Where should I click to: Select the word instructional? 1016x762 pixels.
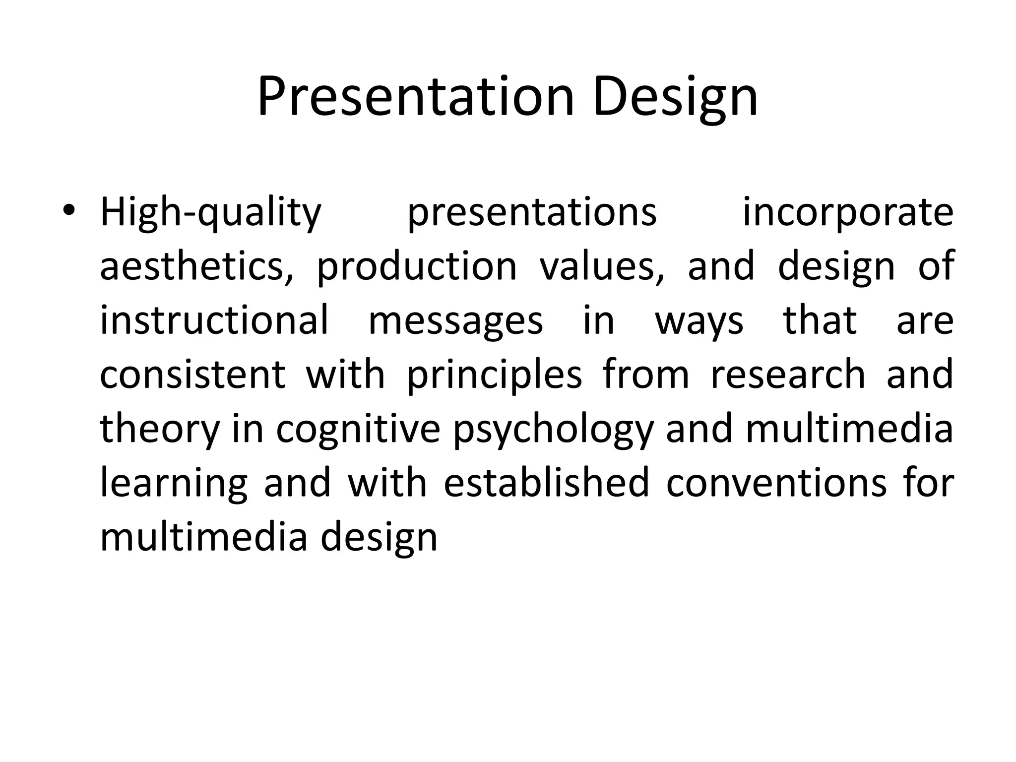214,320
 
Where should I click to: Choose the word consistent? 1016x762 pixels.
193,375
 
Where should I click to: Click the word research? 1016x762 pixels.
788,375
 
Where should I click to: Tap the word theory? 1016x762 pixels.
160,430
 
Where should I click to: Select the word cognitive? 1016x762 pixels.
358,430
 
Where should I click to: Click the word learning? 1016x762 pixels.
174,484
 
